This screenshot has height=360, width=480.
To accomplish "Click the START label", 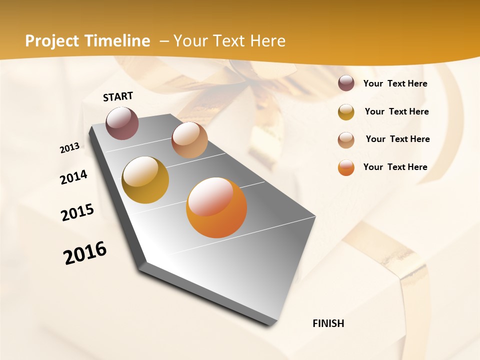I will click(x=118, y=96).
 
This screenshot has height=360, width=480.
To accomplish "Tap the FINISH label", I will click(x=328, y=323).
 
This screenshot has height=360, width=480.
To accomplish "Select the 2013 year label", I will click(x=70, y=148).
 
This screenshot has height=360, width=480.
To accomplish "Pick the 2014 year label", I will click(x=74, y=177).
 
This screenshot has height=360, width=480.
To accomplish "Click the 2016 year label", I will click(x=85, y=253).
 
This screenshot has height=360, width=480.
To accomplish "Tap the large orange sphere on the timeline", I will click(x=216, y=207).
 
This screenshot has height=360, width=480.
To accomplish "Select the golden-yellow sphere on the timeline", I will click(x=145, y=180).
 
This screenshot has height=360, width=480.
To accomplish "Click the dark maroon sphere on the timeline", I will click(x=122, y=123).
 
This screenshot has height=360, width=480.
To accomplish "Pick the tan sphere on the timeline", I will click(x=189, y=140).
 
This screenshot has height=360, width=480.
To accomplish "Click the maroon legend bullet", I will click(x=346, y=83).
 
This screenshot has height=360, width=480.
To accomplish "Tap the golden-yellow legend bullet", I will click(x=346, y=112).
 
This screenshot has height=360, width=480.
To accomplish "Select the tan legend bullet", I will click(x=346, y=139).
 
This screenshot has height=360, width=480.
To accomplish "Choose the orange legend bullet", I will click(x=346, y=167).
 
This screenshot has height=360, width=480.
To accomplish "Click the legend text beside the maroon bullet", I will click(x=395, y=83).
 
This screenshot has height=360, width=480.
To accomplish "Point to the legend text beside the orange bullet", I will click(x=395, y=167).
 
